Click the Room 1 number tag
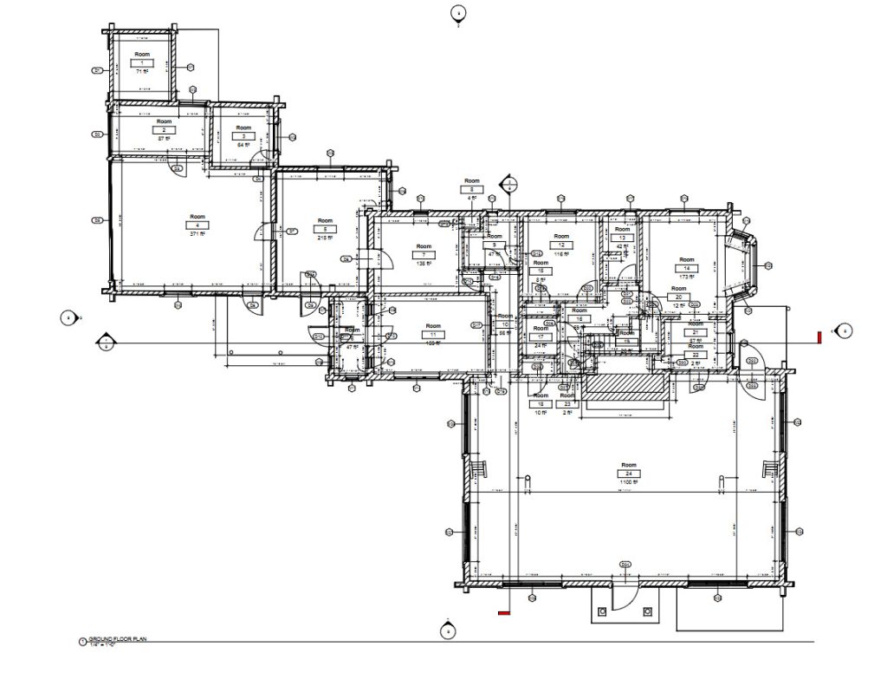click(x=140, y=62)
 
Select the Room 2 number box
click(x=163, y=130)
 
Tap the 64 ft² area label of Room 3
click(x=243, y=145)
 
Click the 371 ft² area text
click(x=197, y=233)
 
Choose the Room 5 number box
click(x=326, y=229)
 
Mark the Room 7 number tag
click(x=424, y=254)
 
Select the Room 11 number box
click(x=432, y=334)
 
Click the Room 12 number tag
click(x=561, y=245)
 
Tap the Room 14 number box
click(x=687, y=268)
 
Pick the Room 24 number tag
click(x=629, y=474)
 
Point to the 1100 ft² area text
click(x=629, y=482)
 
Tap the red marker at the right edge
click(x=819, y=336)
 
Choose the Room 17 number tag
click(x=541, y=337)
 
